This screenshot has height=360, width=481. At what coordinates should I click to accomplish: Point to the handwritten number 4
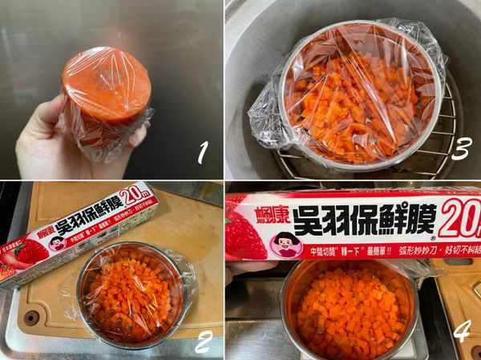tap(459, 330)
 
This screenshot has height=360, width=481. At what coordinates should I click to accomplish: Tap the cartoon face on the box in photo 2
tap(57, 242)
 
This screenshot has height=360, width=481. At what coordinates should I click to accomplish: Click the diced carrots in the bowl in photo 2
tap(130, 293)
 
